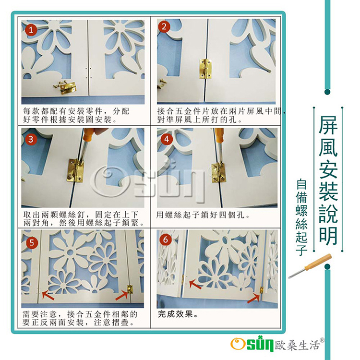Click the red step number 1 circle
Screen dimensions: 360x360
point(31,30)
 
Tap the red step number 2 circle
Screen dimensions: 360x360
point(164,26)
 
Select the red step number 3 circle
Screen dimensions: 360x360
point(31,139)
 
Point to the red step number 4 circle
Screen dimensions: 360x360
point(167,139)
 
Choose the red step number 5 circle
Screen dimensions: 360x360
point(32,243)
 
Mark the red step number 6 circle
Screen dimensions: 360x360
point(166,240)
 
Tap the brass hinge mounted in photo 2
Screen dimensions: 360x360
point(205,69)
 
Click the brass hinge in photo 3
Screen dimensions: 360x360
point(76,170)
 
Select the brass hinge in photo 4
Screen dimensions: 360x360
point(218,173)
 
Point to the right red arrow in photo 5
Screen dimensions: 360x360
point(121,295)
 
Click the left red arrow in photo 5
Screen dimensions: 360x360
point(48,295)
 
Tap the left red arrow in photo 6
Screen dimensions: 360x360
point(195,285)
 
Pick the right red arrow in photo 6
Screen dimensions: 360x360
point(253,299)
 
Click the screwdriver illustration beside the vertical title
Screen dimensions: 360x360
point(310,266)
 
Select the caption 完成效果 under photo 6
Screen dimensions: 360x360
point(175,314)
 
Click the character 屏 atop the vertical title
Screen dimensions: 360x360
point(328,126)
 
